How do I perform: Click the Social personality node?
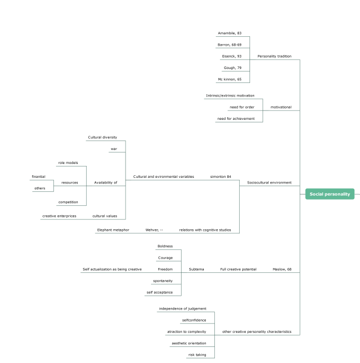point(330,194)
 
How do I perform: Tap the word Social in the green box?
point(317,194)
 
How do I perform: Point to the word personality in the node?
point(338,194)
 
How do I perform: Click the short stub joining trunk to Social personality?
point(302,194)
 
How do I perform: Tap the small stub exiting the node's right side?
point(357,194)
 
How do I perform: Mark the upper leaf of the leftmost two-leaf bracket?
point(41,180)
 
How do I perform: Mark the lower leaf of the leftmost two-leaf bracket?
point(43,191)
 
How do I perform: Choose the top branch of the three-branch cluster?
point(233,99)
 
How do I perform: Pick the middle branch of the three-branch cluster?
point(245,110)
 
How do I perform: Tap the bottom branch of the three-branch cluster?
point(239,122)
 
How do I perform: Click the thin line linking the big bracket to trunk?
point(270,186)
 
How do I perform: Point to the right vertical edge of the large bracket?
point(240,207)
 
